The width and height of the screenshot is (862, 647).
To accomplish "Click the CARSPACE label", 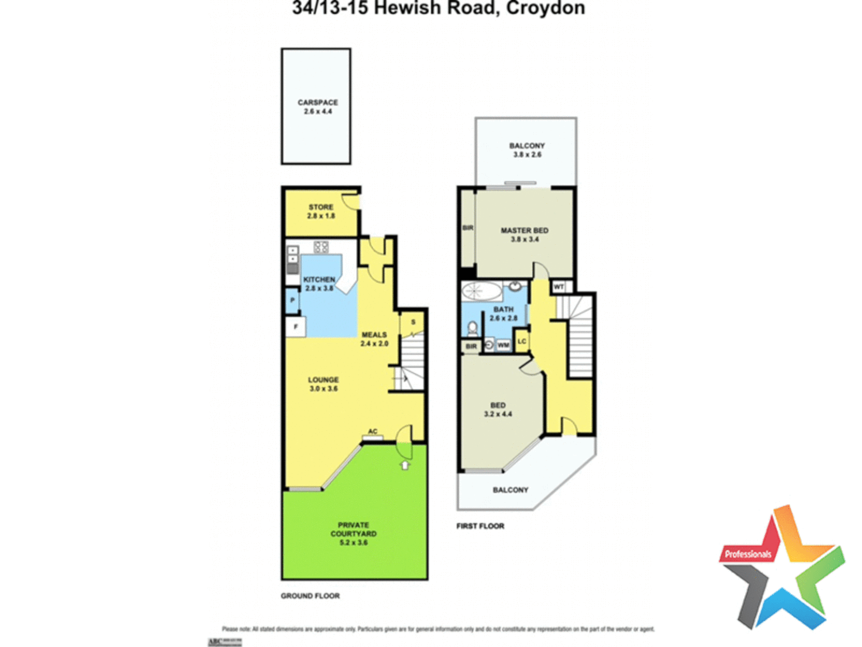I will tap(317, 107).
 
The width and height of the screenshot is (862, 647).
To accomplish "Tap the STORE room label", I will tap(321, 211).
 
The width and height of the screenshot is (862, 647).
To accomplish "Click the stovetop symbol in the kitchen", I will tap(321, 246).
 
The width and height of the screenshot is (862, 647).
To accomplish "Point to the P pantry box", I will tap(292, 300).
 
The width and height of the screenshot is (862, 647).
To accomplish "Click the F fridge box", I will tap(295, 327).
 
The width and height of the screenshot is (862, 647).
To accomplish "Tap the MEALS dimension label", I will tap(374, 339).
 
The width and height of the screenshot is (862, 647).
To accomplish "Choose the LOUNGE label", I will tap(323, 384).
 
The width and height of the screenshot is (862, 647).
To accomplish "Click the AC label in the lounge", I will tap(372, 431).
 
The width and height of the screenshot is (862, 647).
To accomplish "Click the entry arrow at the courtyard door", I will tap(405, 464).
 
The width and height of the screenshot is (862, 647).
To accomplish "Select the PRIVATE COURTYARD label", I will tap(353, 533).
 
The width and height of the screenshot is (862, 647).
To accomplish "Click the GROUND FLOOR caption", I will tap(310, 595).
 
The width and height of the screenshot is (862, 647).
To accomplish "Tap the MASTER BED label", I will tap(524, 234).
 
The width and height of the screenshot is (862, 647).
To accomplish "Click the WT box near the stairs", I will tap(559, 287).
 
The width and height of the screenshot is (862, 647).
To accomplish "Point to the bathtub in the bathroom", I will tap(482, 292).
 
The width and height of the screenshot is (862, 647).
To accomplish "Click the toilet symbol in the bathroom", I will tap(473, 328).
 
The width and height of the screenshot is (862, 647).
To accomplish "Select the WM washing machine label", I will tap(503, 345).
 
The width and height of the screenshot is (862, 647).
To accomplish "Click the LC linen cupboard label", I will tap(522, 341).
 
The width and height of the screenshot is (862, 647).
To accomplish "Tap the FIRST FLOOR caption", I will tap(480, 526).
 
